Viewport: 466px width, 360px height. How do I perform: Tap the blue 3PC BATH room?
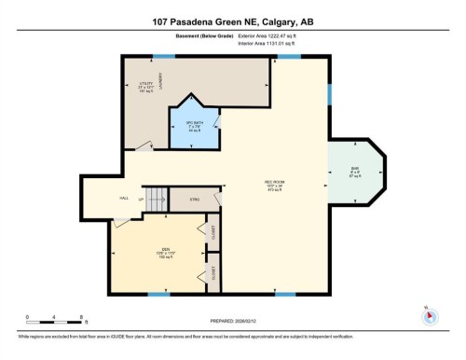[x=193, y=126]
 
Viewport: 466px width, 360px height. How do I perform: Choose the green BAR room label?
[x=354, y=172]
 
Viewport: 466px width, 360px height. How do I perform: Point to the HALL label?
[x=123, y=198]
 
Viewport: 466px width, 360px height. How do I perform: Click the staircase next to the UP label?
[x=157, y=198]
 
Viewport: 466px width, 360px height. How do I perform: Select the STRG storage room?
[x=196, y=198]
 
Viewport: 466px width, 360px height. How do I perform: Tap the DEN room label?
[x=165, y=252]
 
